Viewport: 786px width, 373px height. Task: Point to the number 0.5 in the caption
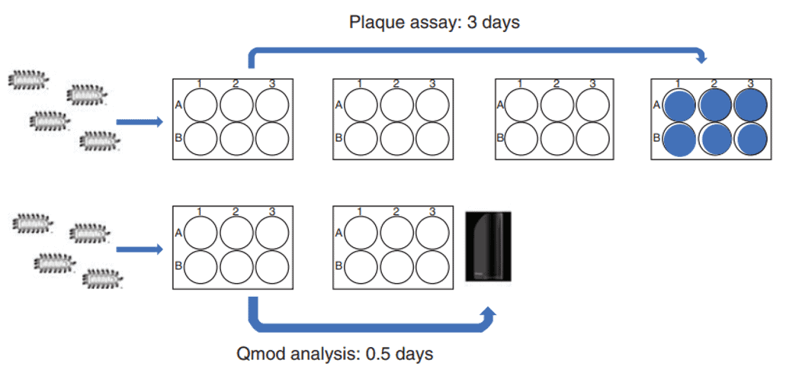379,354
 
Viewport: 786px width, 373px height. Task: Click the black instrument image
488,246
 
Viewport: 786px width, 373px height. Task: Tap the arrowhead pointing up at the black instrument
489,313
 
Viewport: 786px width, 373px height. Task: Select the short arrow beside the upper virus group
139,121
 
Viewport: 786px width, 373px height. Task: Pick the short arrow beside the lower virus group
139,249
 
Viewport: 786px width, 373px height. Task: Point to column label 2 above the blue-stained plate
714,83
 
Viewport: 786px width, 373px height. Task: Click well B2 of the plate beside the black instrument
396,266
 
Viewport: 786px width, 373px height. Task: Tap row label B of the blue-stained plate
657,140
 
